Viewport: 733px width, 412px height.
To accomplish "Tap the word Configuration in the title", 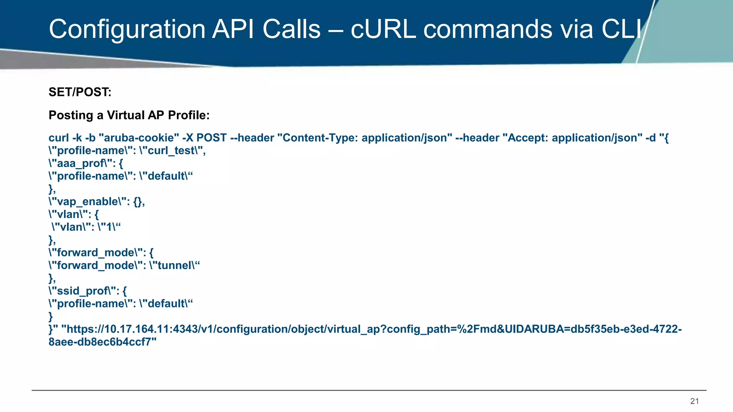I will coord(127,30).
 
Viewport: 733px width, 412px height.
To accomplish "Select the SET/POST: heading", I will coord(80,92).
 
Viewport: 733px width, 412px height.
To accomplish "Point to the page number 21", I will coord(694,401).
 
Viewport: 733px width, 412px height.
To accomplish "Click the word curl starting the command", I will coord(59,138).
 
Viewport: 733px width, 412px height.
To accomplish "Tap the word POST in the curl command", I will coord(212,138).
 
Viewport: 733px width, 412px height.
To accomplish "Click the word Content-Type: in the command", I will coord(320,138).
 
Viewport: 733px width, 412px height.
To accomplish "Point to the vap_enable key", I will coord(88,202).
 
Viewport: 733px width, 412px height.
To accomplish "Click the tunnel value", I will coord(174,265).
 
